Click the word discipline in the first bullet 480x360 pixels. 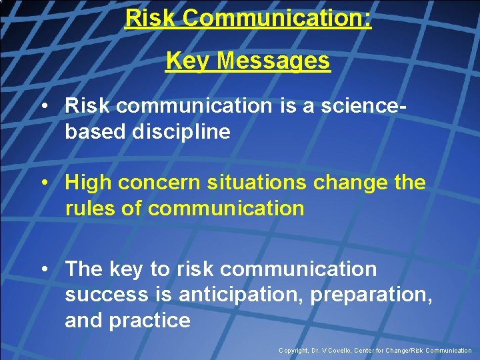pos(181,131)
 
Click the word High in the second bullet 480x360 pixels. pos(87,183)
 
